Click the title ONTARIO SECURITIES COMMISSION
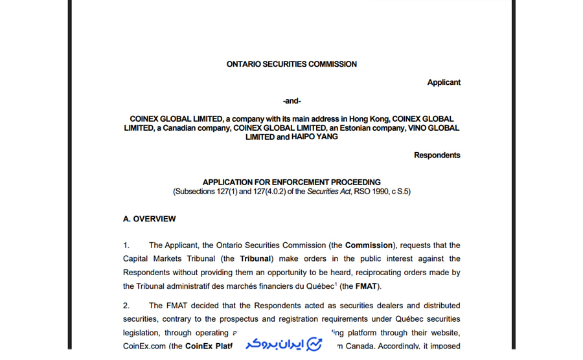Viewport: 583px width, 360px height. (x=291, y=64)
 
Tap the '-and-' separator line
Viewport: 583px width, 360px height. (x=291, y=100)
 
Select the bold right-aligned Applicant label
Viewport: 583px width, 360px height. (x=444, y=82)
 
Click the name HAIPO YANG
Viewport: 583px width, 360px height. (x=314, y=137)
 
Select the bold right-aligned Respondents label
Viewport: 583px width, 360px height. (x=437, y=155)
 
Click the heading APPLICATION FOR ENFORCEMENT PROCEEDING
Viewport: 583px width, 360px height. (x=291, y=182)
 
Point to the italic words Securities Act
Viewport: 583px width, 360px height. (x=328, y=192)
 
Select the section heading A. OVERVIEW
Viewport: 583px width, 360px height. (x=149, y=219)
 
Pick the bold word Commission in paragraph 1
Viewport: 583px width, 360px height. (x=369, y=245)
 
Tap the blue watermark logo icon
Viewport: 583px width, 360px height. (x=314, y=343)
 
